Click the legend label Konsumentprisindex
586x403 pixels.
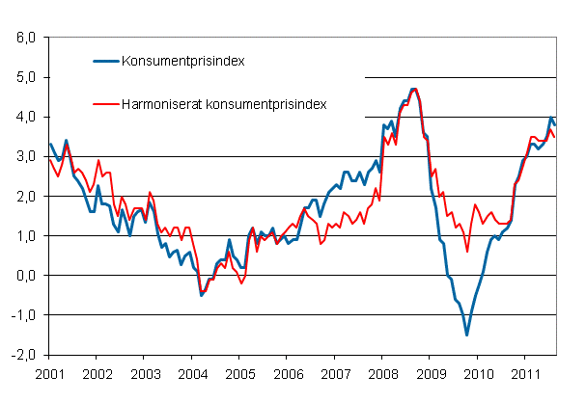click(x=181, y=62)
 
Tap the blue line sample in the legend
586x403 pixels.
click(x=106, y=62)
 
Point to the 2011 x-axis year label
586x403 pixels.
click(x=524, y=372)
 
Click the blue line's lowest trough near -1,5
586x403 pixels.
click(x=467, y=335)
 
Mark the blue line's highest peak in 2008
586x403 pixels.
click(x=414, y=90)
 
